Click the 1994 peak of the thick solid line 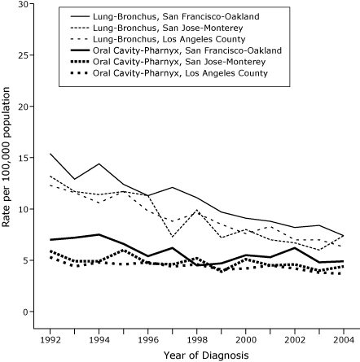[x=99, y=234]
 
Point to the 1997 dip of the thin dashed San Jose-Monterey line [x=172, y=237]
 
